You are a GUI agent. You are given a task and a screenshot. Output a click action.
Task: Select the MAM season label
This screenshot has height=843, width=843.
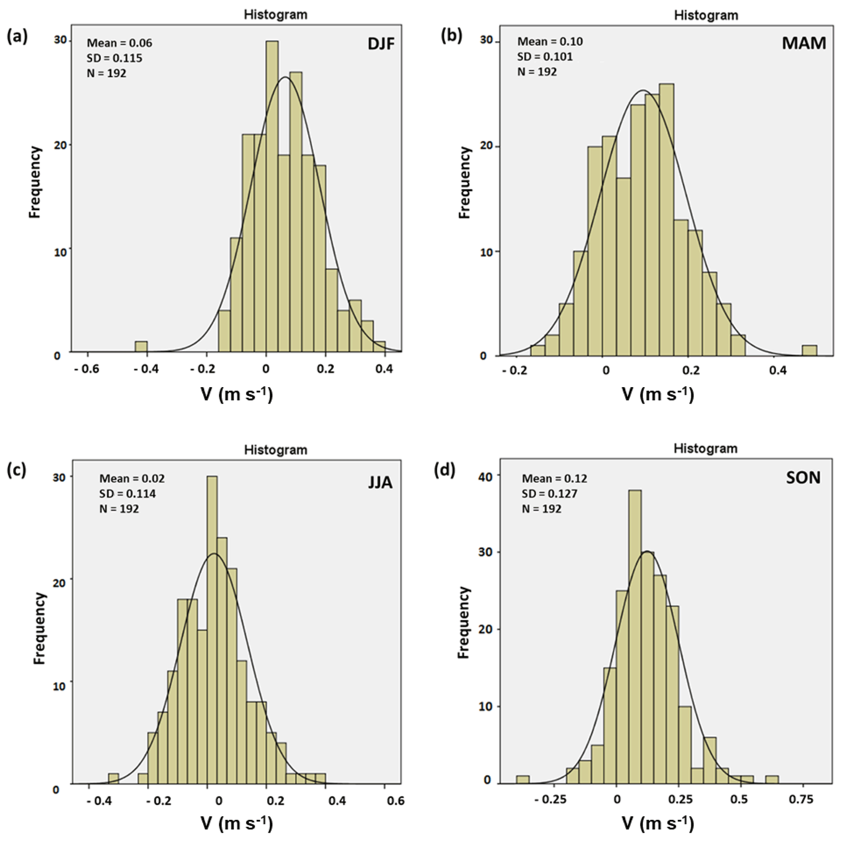[x=804, y=43]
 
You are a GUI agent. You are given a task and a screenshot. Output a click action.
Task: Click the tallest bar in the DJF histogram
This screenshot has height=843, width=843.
[x=272, y=196]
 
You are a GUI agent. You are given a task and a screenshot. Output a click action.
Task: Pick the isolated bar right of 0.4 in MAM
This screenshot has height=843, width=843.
[x=810, y=350]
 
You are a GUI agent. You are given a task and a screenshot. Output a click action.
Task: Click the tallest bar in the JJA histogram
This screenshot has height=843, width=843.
[x=212, y=630]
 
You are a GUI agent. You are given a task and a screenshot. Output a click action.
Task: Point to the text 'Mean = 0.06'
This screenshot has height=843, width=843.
[x=119, y=43]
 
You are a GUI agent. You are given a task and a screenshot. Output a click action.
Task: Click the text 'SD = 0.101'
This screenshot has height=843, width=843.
[x=545, y=57]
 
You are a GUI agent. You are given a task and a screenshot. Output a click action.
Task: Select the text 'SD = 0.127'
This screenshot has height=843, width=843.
[x=549, y=494]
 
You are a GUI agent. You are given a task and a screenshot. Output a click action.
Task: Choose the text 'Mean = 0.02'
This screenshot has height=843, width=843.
[x=132, y=479]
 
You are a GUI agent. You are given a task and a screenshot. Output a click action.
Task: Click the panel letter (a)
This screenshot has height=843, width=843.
[x=18, y=37]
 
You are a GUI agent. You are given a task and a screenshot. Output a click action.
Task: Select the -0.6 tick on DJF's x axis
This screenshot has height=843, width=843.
[x=86, y=369]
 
